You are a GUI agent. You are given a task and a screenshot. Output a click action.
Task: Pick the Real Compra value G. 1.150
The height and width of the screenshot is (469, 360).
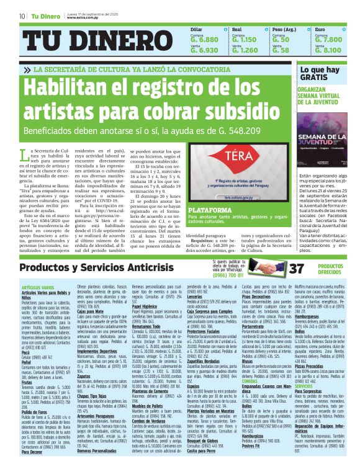click(245, 38)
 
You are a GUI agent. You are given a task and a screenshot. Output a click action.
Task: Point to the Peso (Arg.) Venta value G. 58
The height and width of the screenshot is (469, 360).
click(281, 50)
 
